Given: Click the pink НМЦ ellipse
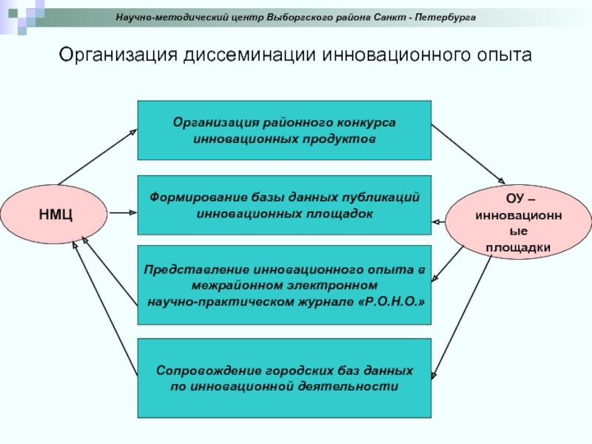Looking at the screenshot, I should (55, 215).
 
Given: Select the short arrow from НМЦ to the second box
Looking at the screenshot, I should (123, 213).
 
